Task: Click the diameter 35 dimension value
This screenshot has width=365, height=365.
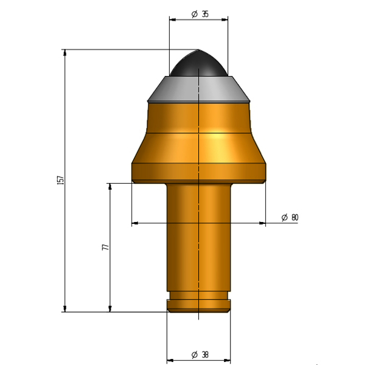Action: click(x=200, y=14)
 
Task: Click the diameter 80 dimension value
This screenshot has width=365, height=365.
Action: click(x=290, y=217)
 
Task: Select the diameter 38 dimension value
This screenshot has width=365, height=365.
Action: click(x=200, y=355)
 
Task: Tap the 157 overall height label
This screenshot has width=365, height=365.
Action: click(x=60, y=181)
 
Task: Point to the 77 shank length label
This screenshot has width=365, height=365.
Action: click(x=106, y=247)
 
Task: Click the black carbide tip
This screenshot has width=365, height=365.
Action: click(x=198, y=63)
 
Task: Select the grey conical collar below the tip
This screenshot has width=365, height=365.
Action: click(x=198, y=89)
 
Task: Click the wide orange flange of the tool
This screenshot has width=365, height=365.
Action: click(x=198, y=173)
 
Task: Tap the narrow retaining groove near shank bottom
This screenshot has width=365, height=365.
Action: click(x=198, y=296)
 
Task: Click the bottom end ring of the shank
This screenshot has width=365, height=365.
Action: click(x=199, y=306)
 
